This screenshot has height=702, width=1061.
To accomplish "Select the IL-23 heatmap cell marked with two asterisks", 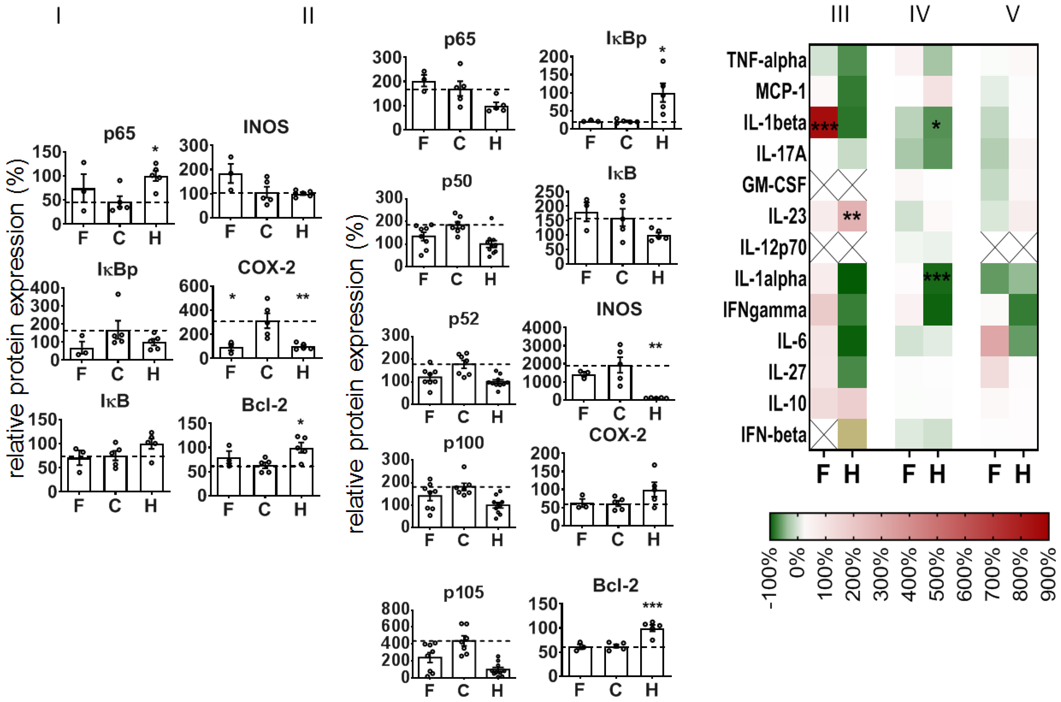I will (852, 216).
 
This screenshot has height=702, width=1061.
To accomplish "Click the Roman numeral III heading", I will (839, 14).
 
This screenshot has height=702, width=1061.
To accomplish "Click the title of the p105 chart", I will (463, 592).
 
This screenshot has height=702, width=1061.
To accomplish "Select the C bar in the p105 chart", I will (463, 658).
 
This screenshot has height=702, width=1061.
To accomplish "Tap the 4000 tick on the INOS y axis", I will (542, 328).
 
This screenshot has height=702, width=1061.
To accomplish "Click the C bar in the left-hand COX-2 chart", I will (267, 339).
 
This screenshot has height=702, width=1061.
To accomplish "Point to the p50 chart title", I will (457, 181).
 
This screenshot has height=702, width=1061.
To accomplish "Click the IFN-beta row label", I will (773, 435).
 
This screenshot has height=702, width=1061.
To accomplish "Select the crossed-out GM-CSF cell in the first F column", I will (824, 185).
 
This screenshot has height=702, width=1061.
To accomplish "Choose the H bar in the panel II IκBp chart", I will (663, 111).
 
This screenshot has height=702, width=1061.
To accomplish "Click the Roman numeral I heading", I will (58, 16).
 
